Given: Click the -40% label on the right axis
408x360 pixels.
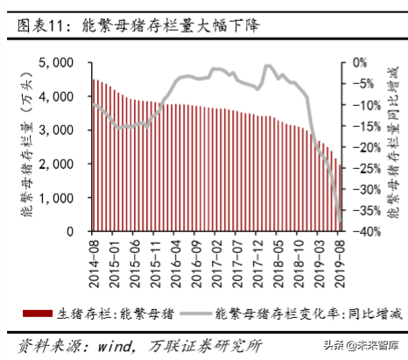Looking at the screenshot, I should coord(366,231).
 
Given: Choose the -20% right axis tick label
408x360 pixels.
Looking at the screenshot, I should coord(366,147).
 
